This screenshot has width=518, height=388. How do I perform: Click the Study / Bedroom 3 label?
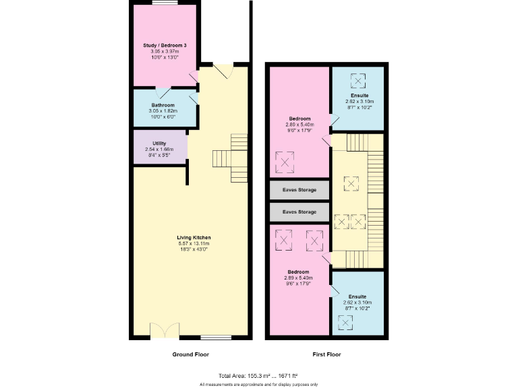coord(165,45)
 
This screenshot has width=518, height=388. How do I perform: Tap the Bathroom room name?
coord(163,105)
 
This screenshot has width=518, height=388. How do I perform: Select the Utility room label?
coord(159,143)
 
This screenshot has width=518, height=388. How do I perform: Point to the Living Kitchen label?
coord(194,238)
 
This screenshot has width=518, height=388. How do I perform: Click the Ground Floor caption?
coord(192,354)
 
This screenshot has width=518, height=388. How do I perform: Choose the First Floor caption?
coord(326,354)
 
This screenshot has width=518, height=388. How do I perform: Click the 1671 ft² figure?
coord(287,375)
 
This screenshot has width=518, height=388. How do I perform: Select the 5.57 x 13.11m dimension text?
coord(194,244)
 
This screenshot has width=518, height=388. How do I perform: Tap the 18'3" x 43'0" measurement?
coord(194,250)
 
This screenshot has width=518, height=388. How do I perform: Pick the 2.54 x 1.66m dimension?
coord(159,150)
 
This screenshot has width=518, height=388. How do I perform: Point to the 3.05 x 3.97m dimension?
coord(165,51)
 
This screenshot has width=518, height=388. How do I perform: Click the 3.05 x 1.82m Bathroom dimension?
coord(163,111)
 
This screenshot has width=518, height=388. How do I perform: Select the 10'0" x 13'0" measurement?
coord(165,57)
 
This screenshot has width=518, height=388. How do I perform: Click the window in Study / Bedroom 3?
coord(165,3)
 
